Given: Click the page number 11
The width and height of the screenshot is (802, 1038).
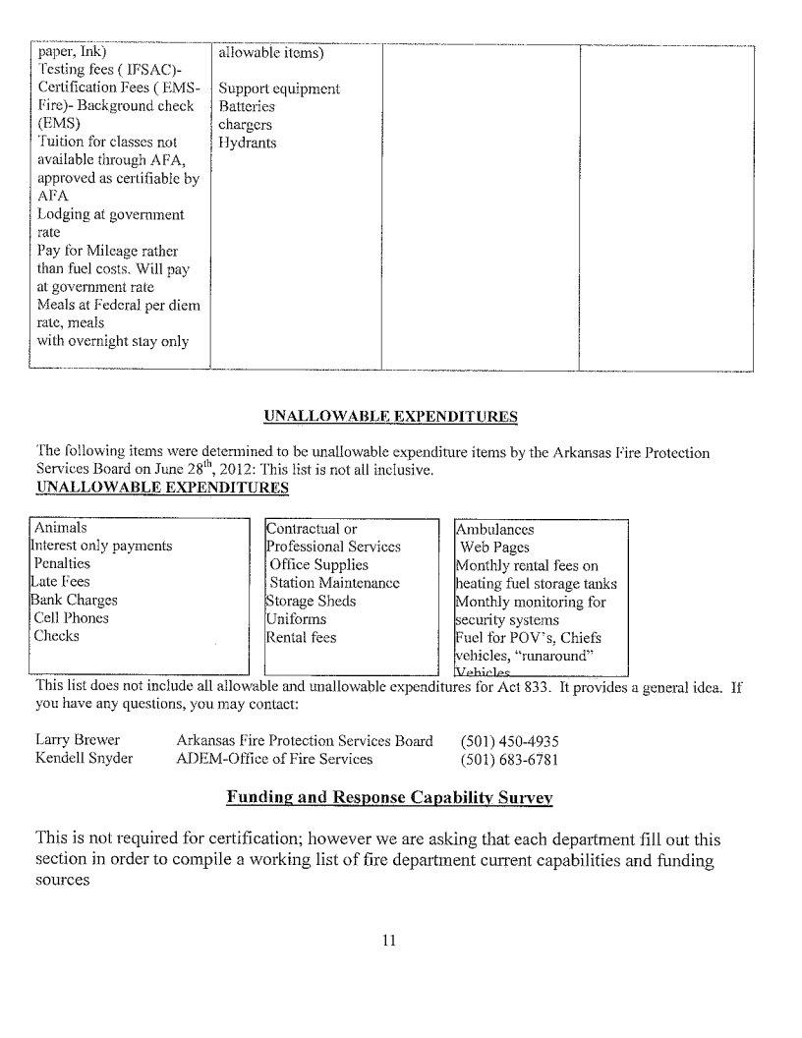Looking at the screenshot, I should coord(388,941).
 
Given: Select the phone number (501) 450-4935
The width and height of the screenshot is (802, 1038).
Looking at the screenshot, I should coord(510,741).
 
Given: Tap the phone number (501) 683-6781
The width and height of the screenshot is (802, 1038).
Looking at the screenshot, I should coord(510,759).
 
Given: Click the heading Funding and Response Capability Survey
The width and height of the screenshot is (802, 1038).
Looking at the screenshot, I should coord(389,797).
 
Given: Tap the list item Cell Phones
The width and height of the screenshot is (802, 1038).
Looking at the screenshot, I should coord(71,618).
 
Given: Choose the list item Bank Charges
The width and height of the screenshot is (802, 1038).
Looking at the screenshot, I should coord(75,601).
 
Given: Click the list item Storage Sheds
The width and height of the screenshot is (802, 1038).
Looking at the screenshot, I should coord(311,601).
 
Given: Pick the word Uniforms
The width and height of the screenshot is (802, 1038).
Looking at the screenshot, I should coord(296,619).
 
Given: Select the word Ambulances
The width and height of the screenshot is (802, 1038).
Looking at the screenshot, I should coord(495,529).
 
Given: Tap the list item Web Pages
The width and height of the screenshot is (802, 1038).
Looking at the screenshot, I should coord(494,547).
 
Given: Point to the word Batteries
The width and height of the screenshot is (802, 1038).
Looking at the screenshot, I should coord(247,106).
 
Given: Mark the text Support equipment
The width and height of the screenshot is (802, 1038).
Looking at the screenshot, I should coord(279,88).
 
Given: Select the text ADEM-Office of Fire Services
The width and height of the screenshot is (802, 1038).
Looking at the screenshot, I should coord(274,759).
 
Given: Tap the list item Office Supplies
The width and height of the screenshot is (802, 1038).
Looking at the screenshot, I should coord(318,565).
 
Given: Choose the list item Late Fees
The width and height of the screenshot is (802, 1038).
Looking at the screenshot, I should coord(61,582).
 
